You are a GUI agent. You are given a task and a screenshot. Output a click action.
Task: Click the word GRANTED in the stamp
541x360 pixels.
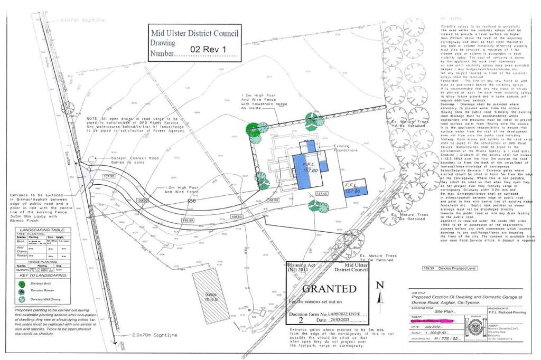click(329, 289)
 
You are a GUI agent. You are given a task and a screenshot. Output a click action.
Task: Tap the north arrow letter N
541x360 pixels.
click(379, 285)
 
